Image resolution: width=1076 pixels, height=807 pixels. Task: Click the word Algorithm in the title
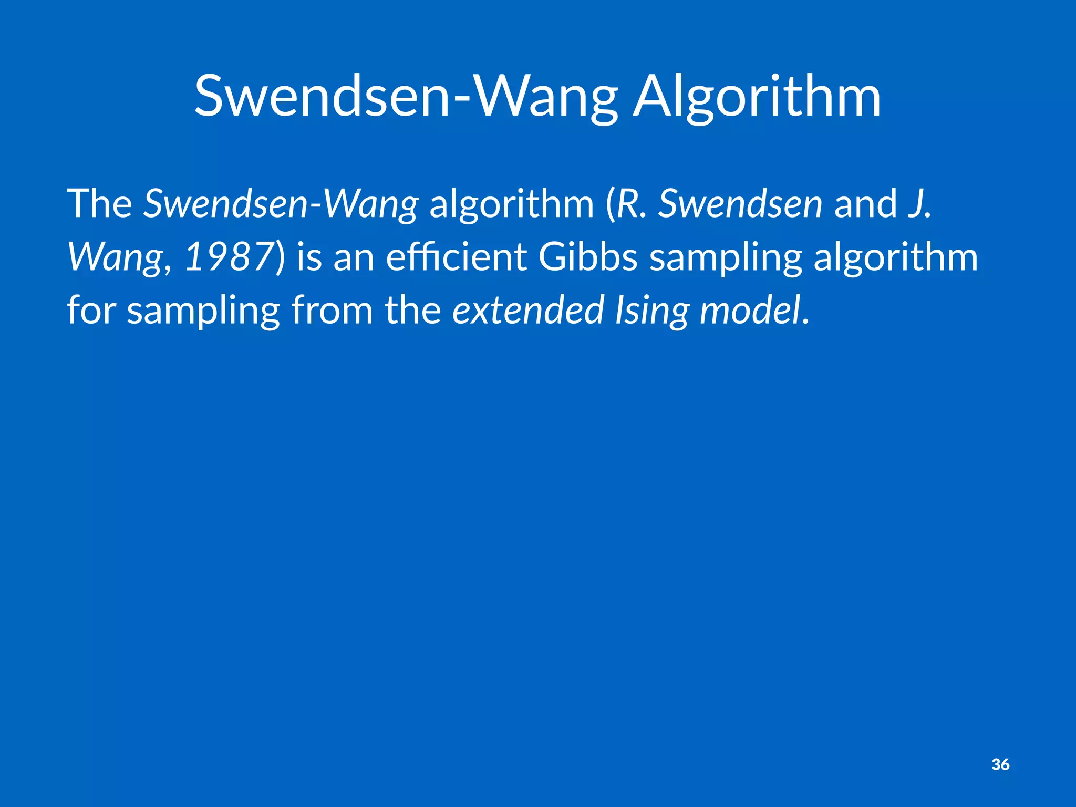tap(757, 98)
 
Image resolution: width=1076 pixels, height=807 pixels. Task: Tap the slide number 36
tap(1000, 764)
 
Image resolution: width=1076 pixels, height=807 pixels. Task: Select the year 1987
tap(227, 257)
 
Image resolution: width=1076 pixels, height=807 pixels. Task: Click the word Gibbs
tap(588, 257)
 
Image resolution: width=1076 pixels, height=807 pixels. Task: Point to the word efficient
tap(456, 257)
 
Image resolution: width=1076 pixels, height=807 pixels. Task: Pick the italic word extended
tap(528, 310)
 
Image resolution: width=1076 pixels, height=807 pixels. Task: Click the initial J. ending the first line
tap(919, 204)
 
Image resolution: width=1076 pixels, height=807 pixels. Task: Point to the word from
tap(332, 310)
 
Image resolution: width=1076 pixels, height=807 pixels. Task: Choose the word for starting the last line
tap(91, 310)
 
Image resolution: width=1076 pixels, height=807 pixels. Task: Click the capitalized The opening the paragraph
tap(99, 204)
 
